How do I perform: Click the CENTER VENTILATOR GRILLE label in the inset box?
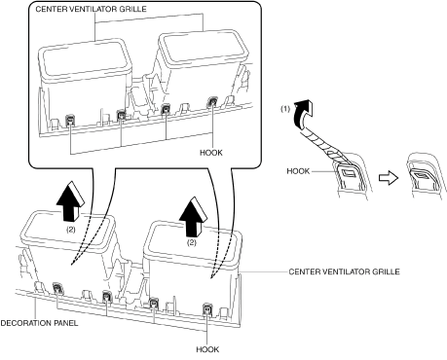[91, 9]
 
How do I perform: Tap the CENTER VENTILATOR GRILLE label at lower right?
[344, 271]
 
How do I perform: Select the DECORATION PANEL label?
[39, 323]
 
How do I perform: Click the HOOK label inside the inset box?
[211, 153]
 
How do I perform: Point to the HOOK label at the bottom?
[207, 349]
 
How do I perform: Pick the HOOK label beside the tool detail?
[298, 171]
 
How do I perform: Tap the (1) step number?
[285, 109]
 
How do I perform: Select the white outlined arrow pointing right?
[389, 178]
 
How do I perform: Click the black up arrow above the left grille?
[70, 201]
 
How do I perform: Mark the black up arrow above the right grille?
[194, 217]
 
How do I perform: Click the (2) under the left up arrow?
[71, 230]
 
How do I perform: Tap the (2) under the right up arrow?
[192, 242]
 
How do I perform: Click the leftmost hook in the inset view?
[70, 120]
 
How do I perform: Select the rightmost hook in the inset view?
[212, 102]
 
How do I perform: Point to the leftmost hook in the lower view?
[57, 288]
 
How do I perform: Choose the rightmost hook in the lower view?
[207, 309]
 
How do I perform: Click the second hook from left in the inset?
[121, 115]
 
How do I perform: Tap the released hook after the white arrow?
[423, 177]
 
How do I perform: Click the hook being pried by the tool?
[349, 175]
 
